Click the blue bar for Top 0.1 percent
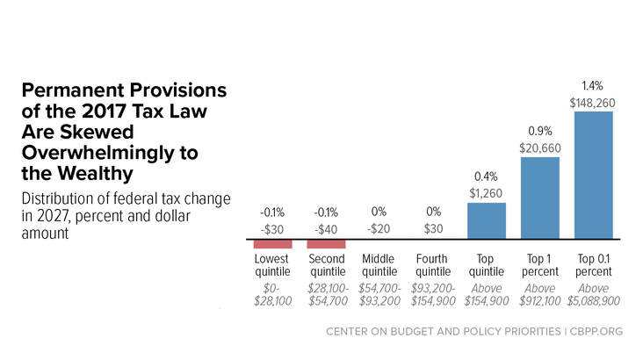click(x=594, y=175)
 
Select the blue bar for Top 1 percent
click(x=540, y=198)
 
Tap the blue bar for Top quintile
click(x=487, y=220)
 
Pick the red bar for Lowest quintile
click(x=272, y=244)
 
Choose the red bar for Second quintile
click(x=327, y=244)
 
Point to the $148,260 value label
click(x=593, y=103)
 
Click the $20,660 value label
click(x=540, y=148)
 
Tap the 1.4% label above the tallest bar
click(x=593, y=86)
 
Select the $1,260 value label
click(x=486, y=193)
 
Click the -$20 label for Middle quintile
click(x=379, y=229)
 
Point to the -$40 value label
click(x=326, y=229)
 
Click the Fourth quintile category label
click(x=433, y=265)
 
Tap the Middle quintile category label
click(x=379, y=265)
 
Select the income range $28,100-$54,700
click(x=328, y=295)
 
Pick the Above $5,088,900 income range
click(x=594, y=295)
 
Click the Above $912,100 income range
click(x=540, y=295)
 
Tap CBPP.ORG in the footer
click(x=596, y=331)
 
